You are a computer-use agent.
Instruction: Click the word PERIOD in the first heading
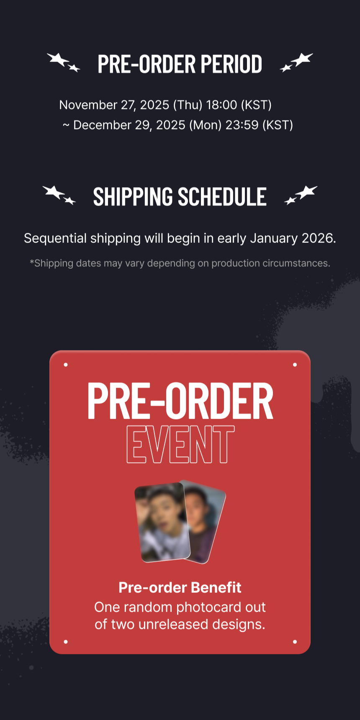click(x=231, y=64)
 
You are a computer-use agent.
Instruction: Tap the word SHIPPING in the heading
click(x=133, y=197)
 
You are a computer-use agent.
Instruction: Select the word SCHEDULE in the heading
click(x=222, y=197)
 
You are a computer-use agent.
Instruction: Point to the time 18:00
click(x=221, y=105)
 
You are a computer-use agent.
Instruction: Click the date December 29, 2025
click(x=129, y=125)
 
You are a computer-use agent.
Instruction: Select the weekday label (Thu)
click(x=188, y=105)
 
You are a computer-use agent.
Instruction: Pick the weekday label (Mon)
click(x=205, y=125)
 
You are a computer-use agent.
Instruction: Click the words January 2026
click(x=293, y=238)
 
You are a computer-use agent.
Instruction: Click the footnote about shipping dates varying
click(x=180, y=263)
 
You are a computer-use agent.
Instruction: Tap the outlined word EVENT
click(x=180, y=445)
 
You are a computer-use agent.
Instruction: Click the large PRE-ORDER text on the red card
click(x=180, y=401)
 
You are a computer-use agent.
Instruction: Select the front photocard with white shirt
click(x=162, y=522)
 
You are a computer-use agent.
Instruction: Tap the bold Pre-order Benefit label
click(x=180, y=588)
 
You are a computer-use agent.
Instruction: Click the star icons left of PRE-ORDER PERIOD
click(x=63, y=62)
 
